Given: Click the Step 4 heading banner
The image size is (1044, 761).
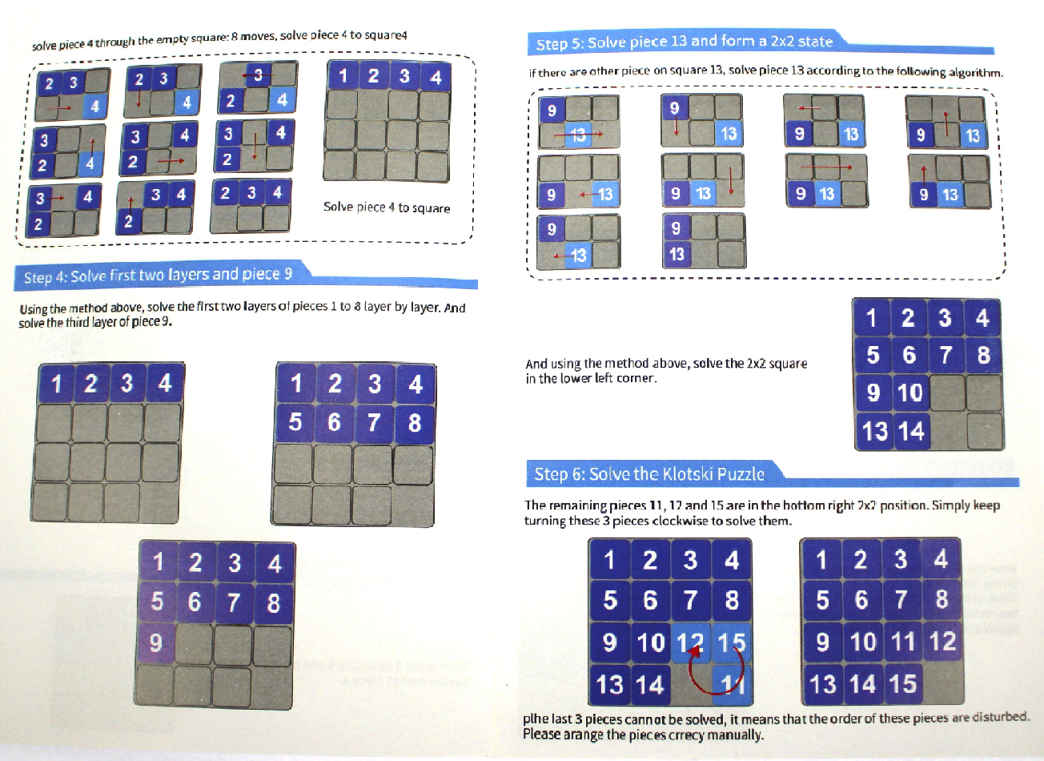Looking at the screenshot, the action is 246,276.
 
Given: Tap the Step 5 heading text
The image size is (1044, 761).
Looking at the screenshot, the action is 685,42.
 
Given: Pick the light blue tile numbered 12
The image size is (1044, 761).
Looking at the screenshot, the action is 691,642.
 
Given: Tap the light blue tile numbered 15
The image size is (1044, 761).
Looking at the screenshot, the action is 731,642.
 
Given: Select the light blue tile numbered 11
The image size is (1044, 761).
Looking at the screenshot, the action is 733,684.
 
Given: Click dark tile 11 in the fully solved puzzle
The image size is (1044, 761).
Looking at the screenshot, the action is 903,641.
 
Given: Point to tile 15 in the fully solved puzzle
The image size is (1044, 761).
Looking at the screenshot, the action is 903,683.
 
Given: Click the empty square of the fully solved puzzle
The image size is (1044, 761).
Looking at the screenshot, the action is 943,683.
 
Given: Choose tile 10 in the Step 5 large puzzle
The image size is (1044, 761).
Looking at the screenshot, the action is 910,393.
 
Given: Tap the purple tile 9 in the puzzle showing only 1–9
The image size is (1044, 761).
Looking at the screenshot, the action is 157,643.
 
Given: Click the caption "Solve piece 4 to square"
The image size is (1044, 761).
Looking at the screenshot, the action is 387,207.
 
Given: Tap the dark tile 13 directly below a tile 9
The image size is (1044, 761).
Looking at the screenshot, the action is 677,255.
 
